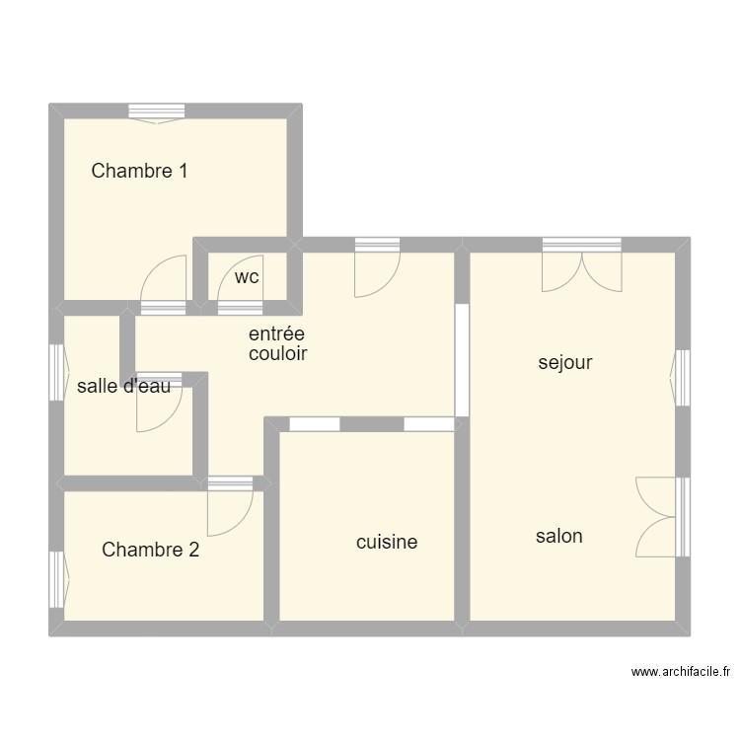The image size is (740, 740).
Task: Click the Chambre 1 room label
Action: tap(139, 171)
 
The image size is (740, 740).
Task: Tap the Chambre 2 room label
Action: tap(150, 550)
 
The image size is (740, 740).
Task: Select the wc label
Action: tap(247, 277)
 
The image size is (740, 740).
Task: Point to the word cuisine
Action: tap(387, 542)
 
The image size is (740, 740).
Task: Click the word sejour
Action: tap(565, 363)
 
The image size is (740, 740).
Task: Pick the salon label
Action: tap(558, 536)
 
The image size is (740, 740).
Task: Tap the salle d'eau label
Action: tap(123, 386)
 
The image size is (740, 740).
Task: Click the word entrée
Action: tap(276, 333)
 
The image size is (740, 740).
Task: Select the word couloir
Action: tap(278, 353)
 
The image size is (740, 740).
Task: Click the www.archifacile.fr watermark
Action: tap(681, 672)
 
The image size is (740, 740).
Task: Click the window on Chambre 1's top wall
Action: tap(157, 113)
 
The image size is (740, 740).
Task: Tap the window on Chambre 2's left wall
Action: tap(59, 579)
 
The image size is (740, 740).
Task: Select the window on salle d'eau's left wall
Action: tap(59, 372)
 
